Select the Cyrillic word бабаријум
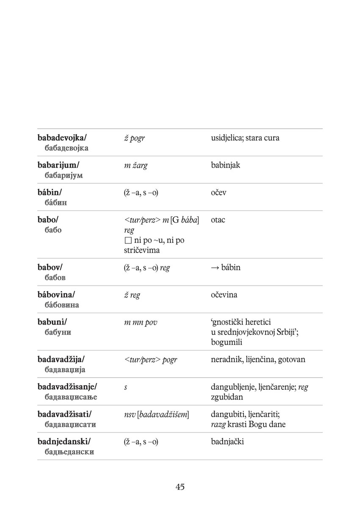(x=64, y=176)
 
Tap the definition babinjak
(x=225, y=165)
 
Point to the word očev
(x=219, y=193)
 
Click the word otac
(x=218, y=220)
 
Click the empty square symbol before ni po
(x=128, y=241)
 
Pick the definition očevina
(x=224, y=295)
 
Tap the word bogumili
(x=227, y=342)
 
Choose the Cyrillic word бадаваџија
(x=65, y=370)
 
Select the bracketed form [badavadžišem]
(x=163, y=414)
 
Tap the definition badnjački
(x=227, y=442)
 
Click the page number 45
(x=180, y=487)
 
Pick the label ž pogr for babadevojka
(x=134, y=138)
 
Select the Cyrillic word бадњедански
(x=69, y=452)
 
